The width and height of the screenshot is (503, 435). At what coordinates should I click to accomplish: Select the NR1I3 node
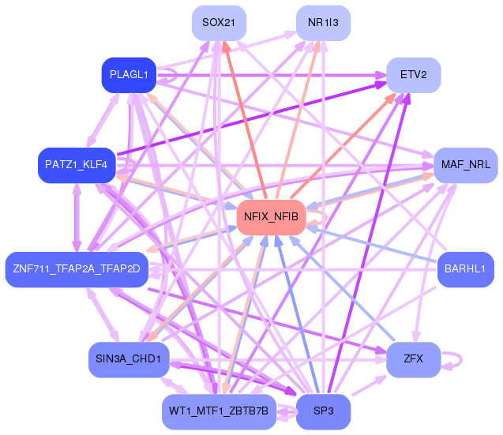point(323,22)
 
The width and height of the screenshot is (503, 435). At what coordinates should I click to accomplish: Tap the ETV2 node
point(413,75)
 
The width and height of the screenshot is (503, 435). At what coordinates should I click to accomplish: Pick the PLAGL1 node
point(129,75)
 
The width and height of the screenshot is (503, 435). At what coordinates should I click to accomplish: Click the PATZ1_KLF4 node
point(76,165)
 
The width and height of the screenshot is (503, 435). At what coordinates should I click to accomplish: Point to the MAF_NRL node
point(465,165)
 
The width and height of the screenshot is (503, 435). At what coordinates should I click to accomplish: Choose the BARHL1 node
point(465,269)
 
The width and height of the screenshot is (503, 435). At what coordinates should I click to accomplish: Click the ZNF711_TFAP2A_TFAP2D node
point(76,269)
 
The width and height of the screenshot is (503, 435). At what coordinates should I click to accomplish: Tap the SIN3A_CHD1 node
point(129,359)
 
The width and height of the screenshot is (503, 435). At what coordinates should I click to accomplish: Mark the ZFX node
point(413,359)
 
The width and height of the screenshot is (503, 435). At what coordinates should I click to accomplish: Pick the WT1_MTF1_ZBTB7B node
point(218,411)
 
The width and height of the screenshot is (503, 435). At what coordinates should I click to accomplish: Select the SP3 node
point(323,411)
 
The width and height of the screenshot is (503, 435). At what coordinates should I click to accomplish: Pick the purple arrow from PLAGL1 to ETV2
point(276,75)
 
